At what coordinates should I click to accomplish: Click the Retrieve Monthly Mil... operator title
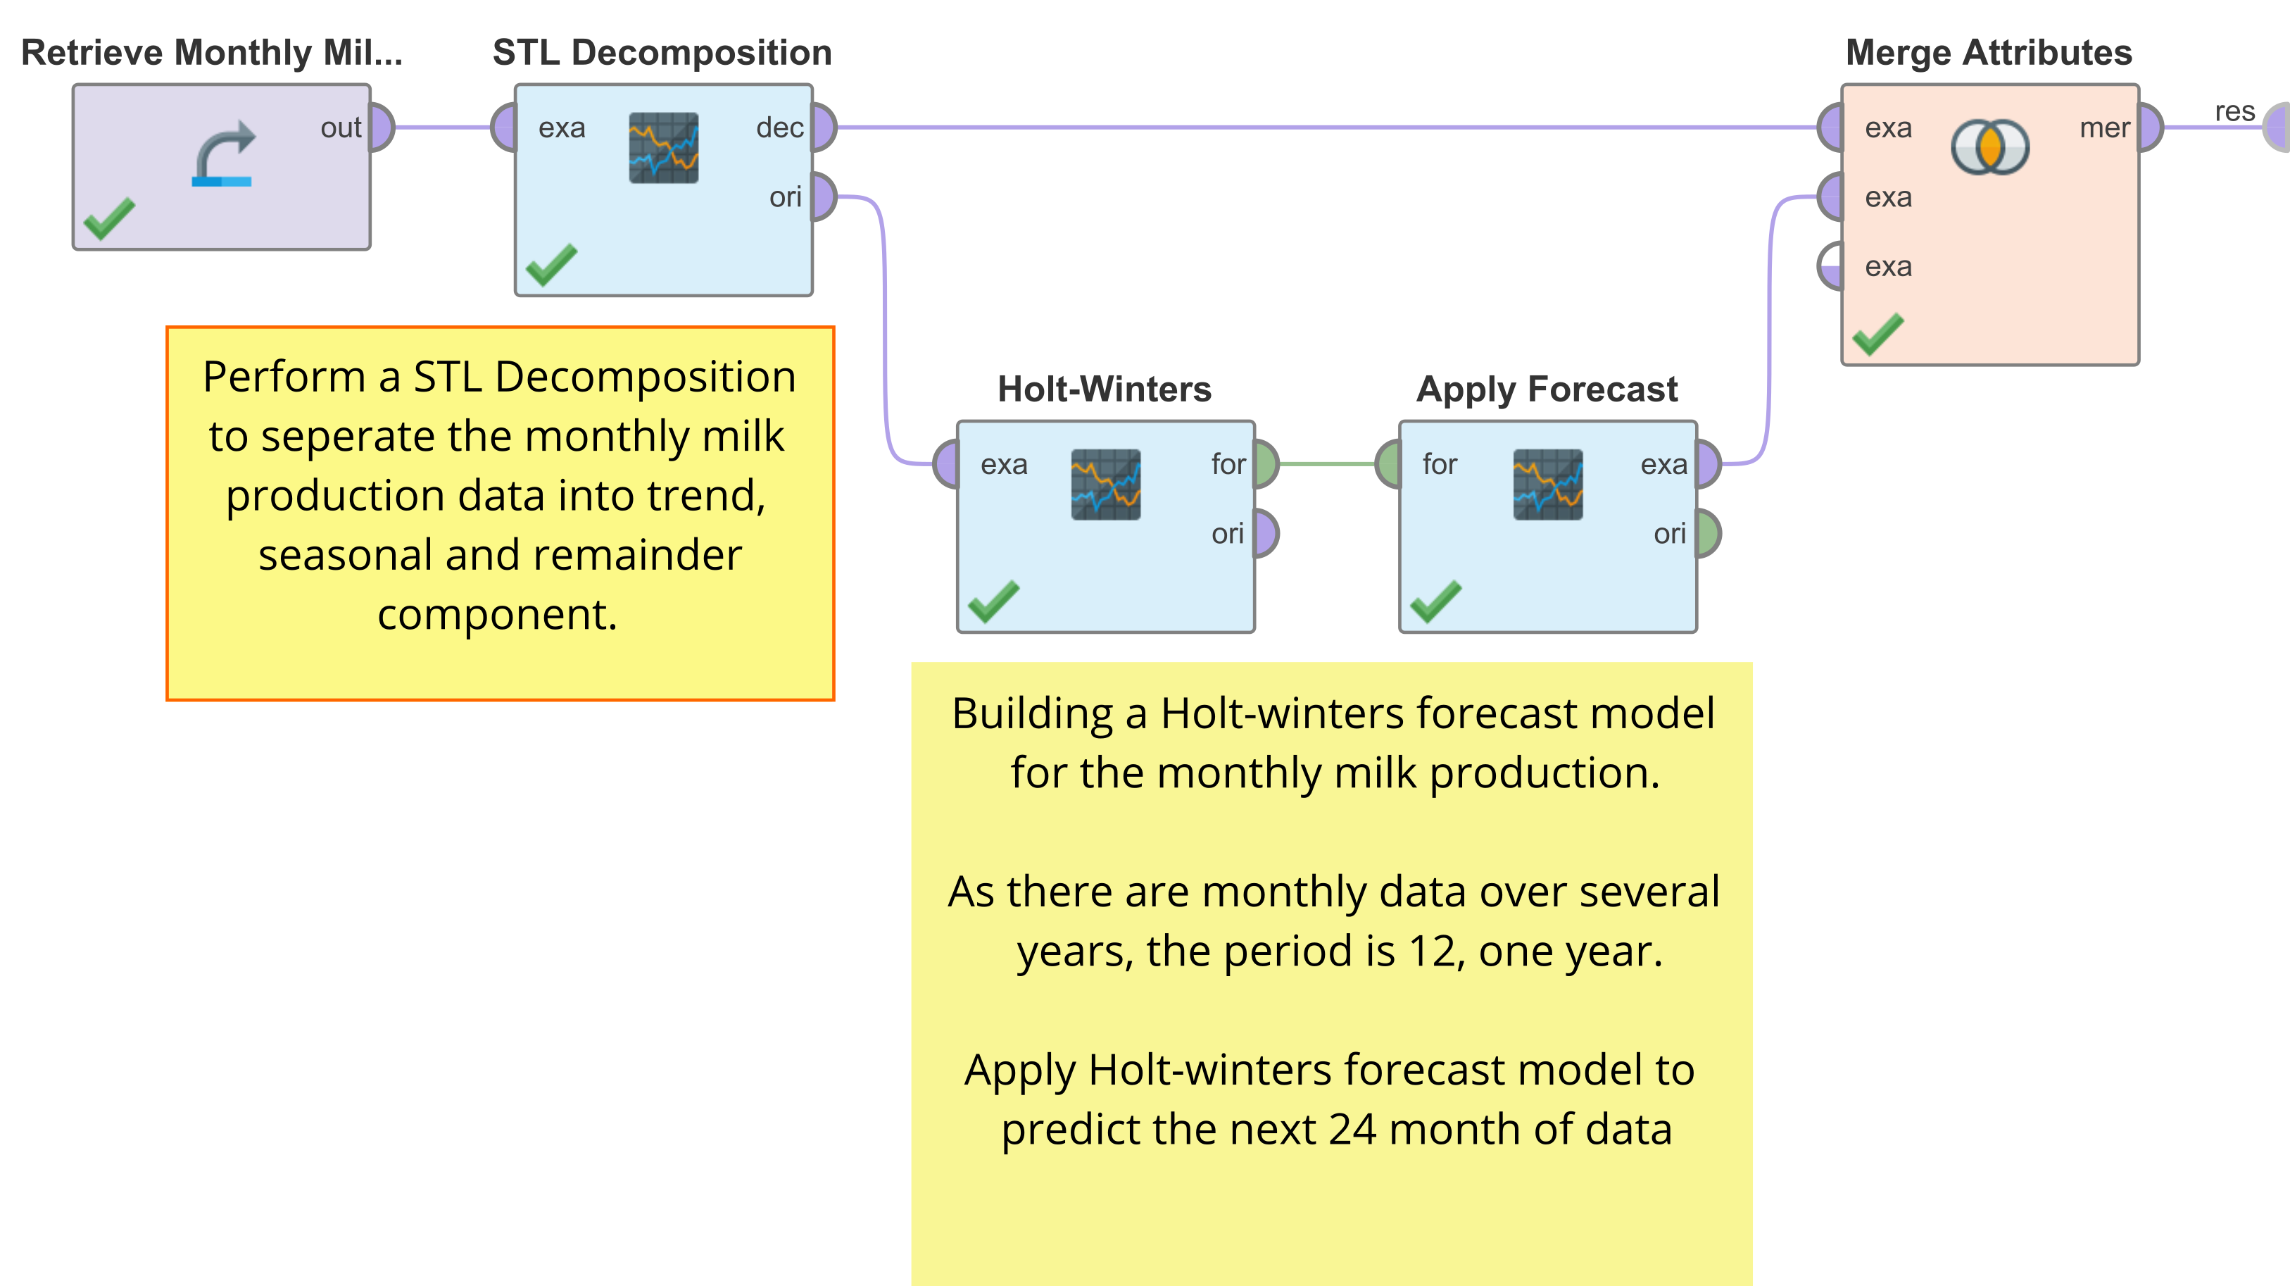pyautogui.click(x=212, y=53)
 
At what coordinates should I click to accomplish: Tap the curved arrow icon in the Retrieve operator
pyautogui.click(x=223, y=153)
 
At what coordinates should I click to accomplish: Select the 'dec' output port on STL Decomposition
pyautogui.click(x=823, y=127)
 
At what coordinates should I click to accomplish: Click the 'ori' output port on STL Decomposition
pyautogui.click(x=823, y=196)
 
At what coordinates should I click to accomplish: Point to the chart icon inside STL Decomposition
pyautogui.click(x=663, y=148)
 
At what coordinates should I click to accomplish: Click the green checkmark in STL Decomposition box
pyautogui.click(x=551, y=264)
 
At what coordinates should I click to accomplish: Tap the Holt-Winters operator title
pyautogui.click(x=1104, y=389)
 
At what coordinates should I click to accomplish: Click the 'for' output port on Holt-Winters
pyautogui.click(x=1266, y=464)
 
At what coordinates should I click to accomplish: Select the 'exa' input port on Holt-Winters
pyautogui.click(x=947, y=464)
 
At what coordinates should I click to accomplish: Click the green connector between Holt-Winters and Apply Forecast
pyautogui.click(x=1327, y=464)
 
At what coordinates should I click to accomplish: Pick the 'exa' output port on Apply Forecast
pyautogui.click(x=1709, y=464)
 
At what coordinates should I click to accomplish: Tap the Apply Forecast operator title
pyautogui.click(x=1547, y=389)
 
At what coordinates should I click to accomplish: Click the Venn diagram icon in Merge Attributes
pyautogui.click(x=1990, y=146)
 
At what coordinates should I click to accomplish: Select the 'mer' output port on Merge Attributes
pyautogui.click(x=2151, y=127)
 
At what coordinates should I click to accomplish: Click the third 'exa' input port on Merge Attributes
pyautogui.click(x=1831, y=267)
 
